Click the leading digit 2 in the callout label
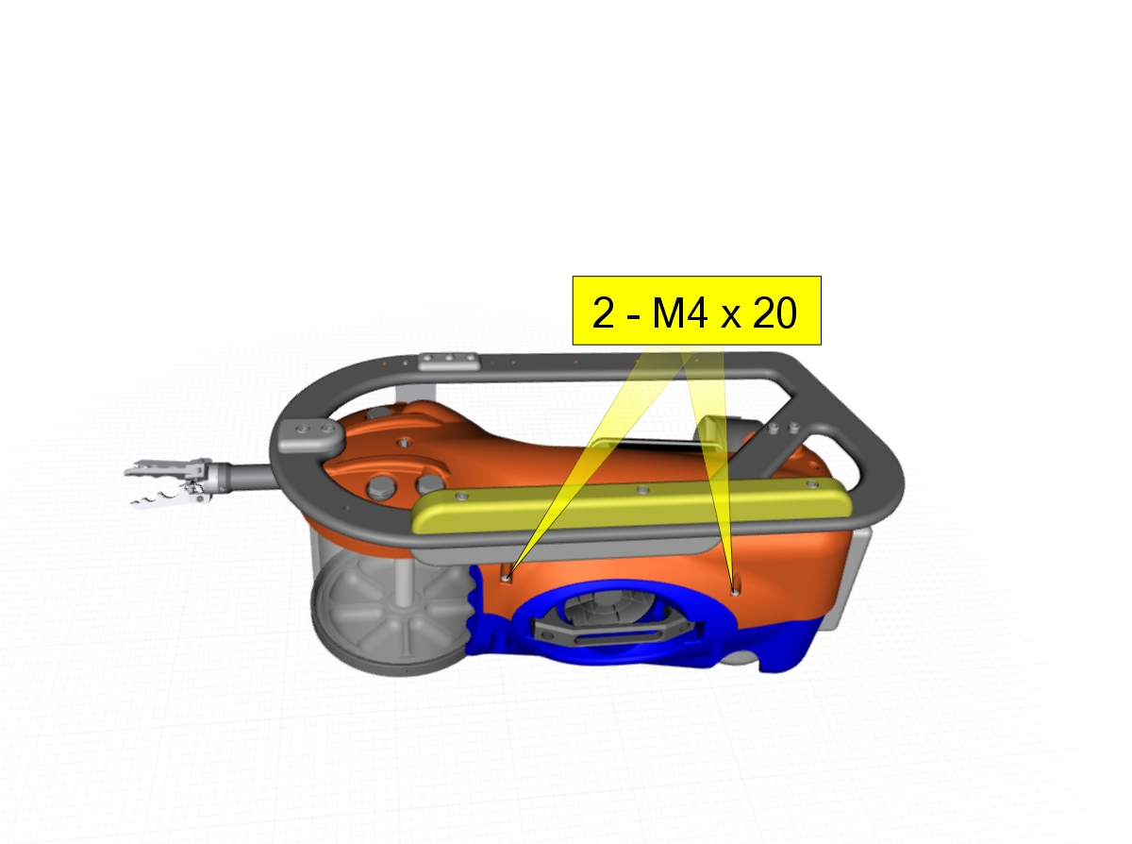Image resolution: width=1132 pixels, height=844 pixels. coord(603,312)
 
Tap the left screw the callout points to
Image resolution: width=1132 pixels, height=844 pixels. coord(506,578)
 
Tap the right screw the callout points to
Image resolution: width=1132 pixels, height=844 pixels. coord(735,592)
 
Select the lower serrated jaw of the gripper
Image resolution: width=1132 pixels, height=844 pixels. coord(163,498)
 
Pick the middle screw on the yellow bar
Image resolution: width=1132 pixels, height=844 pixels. coord(642,491)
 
